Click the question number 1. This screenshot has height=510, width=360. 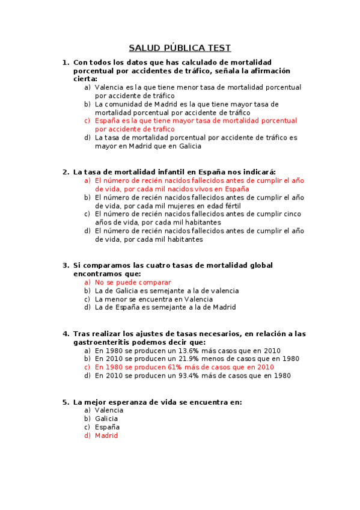tap(65, 63)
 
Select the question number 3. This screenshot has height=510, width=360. tap(65, 265)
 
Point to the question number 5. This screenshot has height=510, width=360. tap(65, 402)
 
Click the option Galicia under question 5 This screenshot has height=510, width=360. tap(106, 419)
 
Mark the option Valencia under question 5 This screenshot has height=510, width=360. tap(109, 410)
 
